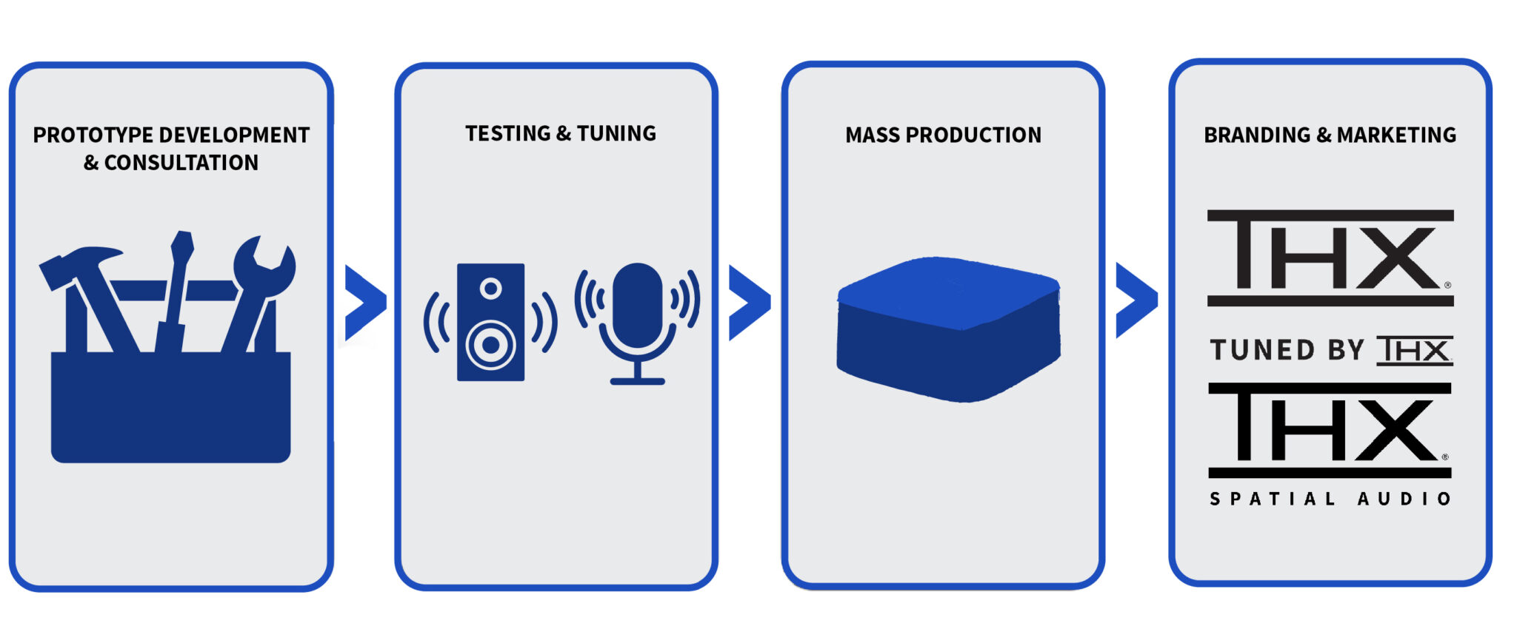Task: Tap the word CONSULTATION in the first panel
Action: pos(181,163)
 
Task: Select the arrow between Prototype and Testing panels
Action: pos(364,302)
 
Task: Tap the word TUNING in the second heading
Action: pos(616,134)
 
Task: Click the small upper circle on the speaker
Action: pos(490,288)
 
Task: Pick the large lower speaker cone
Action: pos(490,344)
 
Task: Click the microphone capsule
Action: pos(638,303)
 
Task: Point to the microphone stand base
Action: pos(638,381)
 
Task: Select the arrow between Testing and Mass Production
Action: pos(749,302)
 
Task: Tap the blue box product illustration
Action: pos(948,329)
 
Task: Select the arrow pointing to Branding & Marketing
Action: pos(1136,300)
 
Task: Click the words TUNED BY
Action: pos(1287,350)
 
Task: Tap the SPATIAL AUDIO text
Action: pos(1330,499)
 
